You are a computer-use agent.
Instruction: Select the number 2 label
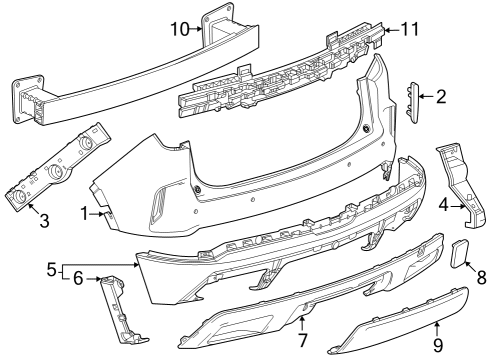(441, 96)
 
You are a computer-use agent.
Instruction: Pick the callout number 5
(51, 269)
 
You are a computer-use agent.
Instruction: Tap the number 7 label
(303, 341)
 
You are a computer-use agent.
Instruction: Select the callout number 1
(86, 212)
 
